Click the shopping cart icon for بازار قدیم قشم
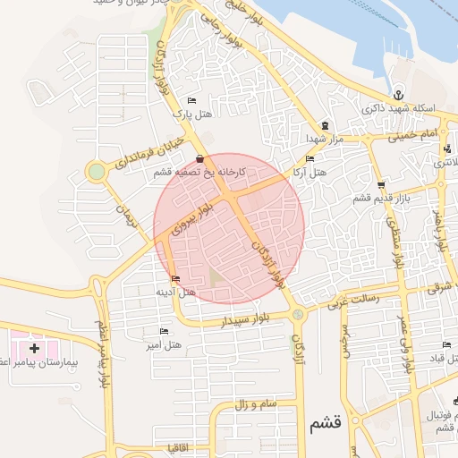point(381,184)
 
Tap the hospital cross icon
point(34,347)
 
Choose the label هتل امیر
point(165,344)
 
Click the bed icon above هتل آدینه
point(174,279)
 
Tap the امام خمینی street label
point(412,135)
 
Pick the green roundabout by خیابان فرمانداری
point(96,171)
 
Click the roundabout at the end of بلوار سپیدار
point(297,314)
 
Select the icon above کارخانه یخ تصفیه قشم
point(199,159)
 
